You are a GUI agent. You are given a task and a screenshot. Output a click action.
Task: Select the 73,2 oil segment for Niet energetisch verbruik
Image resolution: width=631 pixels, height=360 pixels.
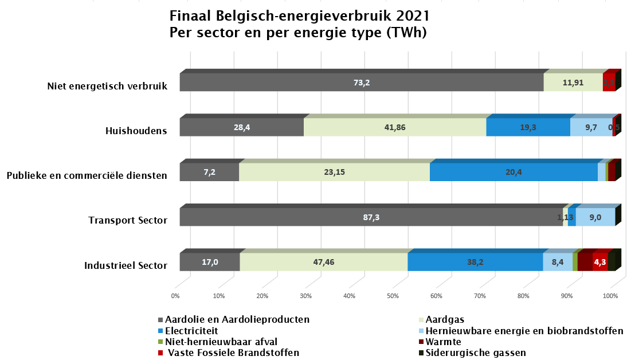pos(361,83)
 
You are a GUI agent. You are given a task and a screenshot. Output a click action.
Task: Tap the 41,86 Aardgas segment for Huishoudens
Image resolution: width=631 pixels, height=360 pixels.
pos(394,127)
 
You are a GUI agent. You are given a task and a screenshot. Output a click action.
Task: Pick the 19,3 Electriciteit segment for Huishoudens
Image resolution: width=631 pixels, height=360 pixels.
pos(528,127)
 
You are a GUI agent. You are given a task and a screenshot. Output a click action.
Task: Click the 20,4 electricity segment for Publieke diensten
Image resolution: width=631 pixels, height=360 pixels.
pos(514,172)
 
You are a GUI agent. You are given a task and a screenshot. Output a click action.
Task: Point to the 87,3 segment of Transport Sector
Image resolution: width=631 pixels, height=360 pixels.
pos(371,217)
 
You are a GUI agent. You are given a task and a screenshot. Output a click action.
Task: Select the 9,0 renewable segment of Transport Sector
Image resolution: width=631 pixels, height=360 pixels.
pos(595,217)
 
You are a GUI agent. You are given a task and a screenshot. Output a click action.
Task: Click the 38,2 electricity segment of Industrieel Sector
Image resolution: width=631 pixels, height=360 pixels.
pos(475,262)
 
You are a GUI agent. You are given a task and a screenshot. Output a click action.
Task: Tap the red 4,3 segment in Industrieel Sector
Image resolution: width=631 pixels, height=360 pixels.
pos(600,262)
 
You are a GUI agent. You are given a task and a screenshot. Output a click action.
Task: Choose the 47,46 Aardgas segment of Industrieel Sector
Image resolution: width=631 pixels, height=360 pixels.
pos(324,262)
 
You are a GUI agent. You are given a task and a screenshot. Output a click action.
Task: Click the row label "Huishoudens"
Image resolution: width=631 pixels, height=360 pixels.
pos(136,131)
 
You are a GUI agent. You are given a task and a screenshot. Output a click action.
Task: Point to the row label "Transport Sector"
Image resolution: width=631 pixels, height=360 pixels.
pos(128,221)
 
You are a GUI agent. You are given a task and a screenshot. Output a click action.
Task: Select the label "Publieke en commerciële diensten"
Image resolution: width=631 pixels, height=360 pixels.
pos(87,176)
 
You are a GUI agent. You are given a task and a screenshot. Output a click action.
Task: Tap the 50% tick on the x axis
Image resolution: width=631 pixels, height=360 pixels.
pos(393,296)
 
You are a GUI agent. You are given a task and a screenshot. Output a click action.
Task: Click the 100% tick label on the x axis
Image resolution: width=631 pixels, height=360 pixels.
pos(610,296)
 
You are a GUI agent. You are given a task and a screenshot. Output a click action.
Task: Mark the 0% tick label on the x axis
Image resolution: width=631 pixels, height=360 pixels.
pos(175,296)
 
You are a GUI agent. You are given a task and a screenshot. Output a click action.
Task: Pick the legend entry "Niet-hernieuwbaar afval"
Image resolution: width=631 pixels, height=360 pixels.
pos(221,342)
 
